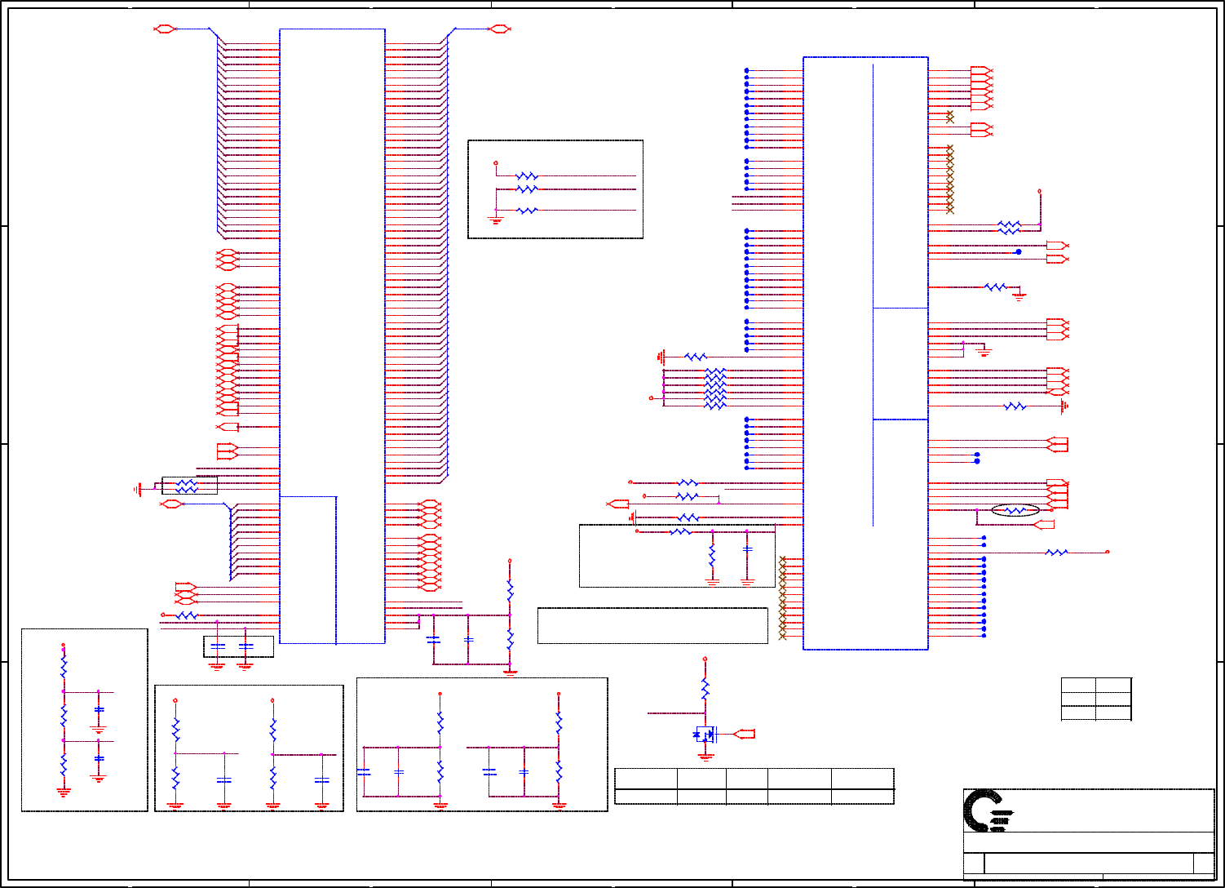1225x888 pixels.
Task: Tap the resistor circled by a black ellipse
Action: [x=1015, y=511]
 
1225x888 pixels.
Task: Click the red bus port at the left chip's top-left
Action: [x=165, y=29]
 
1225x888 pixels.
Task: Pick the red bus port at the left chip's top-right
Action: [x=498, y=29]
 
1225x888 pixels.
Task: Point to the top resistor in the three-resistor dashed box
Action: [x=527, y=176]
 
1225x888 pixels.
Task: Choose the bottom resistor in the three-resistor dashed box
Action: [x=527, y=211]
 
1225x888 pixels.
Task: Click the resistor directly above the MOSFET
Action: [x=705, y=689]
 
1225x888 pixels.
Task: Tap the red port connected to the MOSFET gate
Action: [x=745, y=735]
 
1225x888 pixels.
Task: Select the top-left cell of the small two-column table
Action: [x=1078, y=685]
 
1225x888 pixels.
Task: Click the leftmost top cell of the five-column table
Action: [x=645, y=778]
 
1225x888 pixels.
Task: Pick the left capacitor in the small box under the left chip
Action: [x=217, y=646]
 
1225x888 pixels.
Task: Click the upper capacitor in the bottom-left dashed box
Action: [x=99, y=710]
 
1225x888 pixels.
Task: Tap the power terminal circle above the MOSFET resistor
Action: [x=705, y=659]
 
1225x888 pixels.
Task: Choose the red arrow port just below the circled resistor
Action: [x=1044, y=525]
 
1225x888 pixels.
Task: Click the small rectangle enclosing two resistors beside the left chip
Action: [x=189, y=486]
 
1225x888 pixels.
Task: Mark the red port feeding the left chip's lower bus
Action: [x=170, y=504]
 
